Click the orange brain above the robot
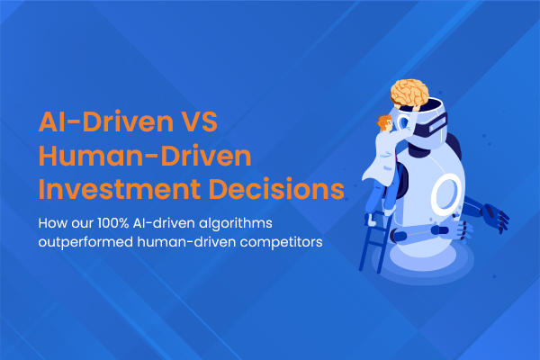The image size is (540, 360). pyautogui.click(x=409, y=92)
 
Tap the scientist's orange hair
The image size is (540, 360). pyautogui.click(x=383, y=121)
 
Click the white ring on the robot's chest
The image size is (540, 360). pyautogui.click(x=446, y=193)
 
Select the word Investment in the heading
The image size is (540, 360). pyautogui.click(x=119, y=189)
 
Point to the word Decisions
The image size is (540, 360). pyautogui.click(x=276, y=189)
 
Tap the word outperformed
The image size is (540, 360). pyautogui.click(x=85, y=242)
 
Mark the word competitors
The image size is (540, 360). pyautogui.click(x=281, y=242)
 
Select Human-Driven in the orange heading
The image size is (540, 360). pyautogui.click(x=145, y=156)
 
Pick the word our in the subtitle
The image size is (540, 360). pyautogui.click(x=82, y=224)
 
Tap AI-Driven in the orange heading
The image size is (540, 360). pyautogui.click(x=106, y=121)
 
